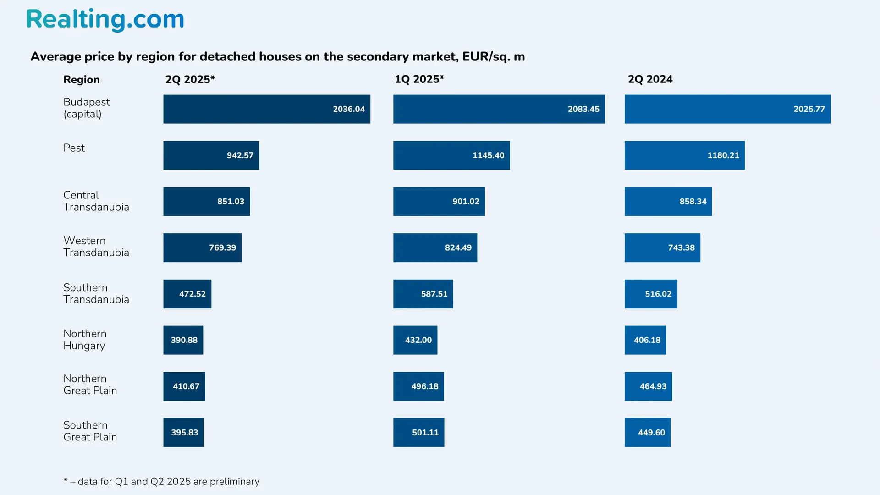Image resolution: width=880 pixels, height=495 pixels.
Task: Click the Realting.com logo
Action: tap(105, 20)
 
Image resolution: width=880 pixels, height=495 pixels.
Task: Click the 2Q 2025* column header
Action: tap(190, 79)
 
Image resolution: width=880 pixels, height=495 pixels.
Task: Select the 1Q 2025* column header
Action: tap(419, 79)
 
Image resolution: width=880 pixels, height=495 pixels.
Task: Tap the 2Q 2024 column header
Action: tap(650, 79)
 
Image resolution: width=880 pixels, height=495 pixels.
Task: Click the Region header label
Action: tap(81, 80)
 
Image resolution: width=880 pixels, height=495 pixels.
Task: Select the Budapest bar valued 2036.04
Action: tap(266, 109)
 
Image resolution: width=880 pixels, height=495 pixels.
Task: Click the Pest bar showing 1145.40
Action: tap(451, 155)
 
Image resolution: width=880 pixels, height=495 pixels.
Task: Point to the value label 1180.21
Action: tap(723, 155)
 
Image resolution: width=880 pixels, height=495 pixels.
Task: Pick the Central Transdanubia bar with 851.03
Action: tap(206, 202)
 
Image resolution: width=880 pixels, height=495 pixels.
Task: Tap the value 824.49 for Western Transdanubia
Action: tap(458, 248)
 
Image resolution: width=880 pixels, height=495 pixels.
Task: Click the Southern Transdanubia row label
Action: tap(96, 293)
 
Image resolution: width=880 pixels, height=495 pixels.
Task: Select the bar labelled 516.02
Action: tap(650, 294)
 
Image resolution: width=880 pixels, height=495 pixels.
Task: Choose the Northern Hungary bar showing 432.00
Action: tap(415, 340)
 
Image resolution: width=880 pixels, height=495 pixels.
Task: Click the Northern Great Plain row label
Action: tap(90, 385)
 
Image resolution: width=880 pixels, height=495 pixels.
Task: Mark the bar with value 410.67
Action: tap(184, 386)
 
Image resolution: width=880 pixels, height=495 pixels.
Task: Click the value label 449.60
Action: tap(651, 433)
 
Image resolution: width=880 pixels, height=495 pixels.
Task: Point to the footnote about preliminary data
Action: tap(161, 481)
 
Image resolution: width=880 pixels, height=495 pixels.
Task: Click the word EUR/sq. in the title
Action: tap(486, 57)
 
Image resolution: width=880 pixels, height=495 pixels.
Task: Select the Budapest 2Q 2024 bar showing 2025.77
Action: tap(727, 109)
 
